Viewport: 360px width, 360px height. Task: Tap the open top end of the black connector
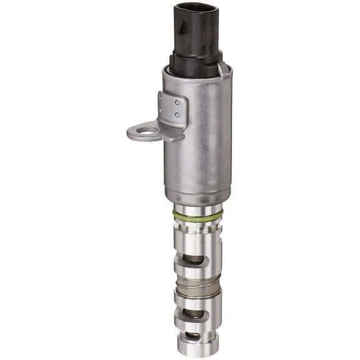[196, 7]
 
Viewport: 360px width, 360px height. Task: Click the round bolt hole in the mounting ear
[148, 131]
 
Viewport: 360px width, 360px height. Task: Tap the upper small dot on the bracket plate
[177, 102]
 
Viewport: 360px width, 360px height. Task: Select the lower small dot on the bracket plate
[177, 115]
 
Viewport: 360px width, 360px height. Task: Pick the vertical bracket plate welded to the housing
[173, 109]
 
